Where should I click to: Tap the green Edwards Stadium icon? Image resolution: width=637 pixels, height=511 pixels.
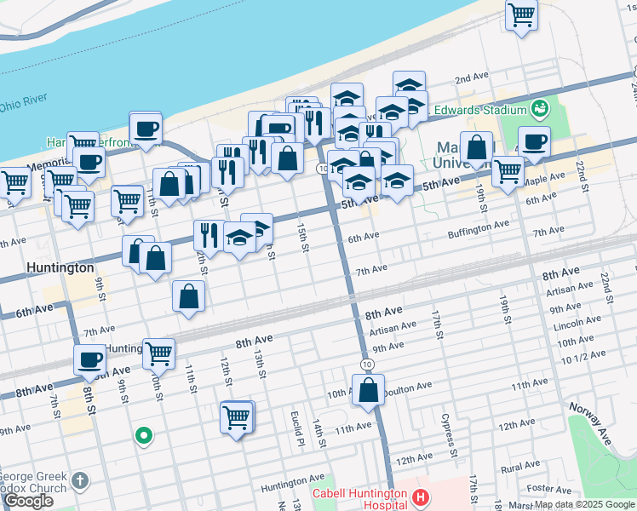[x=538, y=109]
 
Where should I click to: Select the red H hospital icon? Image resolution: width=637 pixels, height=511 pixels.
[x=419, y=497]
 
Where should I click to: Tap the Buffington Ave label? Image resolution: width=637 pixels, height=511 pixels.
[x=479, y=224]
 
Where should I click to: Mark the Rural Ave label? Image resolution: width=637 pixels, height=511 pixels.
[x=521, y=468]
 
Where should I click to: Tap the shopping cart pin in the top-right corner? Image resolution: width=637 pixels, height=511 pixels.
[x=521, y=14]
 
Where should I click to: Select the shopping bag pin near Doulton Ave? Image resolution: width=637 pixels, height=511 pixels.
[x=368, y=391]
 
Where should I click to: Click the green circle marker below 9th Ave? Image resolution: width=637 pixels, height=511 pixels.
[x=144, y=436]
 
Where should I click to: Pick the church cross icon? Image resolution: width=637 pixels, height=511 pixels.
[x=80, y=479]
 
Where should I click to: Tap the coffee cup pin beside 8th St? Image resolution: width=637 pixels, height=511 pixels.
[x=89, y=359]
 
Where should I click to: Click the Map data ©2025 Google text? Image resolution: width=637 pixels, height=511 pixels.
[x=584, y=504]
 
